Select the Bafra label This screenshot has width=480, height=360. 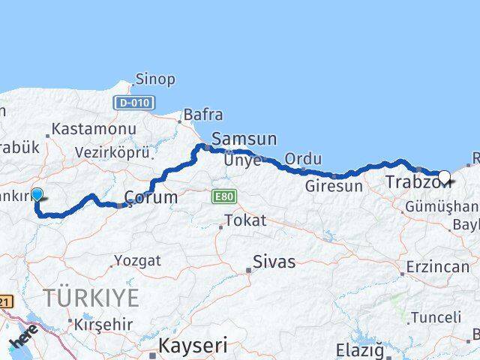tap(203, 115)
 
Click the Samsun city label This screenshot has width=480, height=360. tap(244, 139)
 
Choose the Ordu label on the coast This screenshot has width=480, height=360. tap(304, 159)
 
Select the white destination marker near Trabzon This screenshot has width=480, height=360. tap(444, 178)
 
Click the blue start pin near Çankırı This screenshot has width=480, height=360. tap(36, 194)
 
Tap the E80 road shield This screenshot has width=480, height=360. tap(221, 196)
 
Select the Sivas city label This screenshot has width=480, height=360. tap(274, 262)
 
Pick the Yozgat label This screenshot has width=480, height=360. tap(136, 261)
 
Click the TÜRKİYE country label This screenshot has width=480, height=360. tap(91, 298)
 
